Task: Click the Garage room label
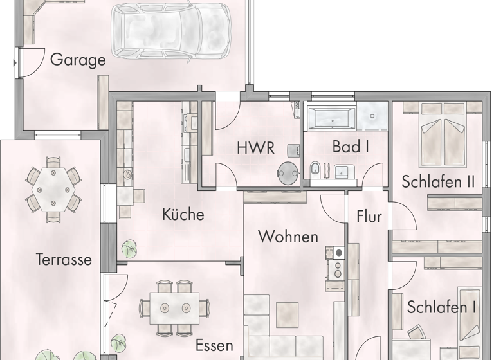[x=77, y=60]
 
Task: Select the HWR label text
[x=255, y=148]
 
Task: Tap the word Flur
[x=369, y=217]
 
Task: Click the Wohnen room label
[x=288, y=237]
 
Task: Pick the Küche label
[x=183, y=214]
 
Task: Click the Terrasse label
[x=63, y=260]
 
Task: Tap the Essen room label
[x=214, y=345]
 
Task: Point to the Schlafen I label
[x=441, y=307]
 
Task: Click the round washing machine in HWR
[x=286, y=172]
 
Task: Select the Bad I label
[x=351, y=147]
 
